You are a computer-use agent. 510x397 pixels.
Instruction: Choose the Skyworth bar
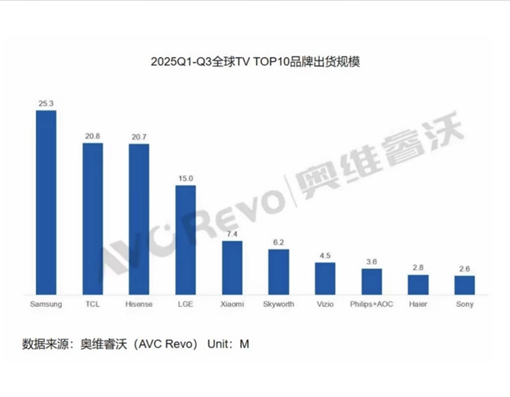coord(279,271)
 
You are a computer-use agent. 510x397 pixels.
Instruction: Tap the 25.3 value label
coord(46,103)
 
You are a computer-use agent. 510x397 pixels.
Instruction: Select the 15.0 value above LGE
coord(185,178)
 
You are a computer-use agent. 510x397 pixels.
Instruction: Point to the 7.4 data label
coord(231,234)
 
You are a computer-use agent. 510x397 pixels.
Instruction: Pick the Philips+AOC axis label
coord(371,303)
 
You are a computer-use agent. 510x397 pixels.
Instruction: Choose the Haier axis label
coord(418,303)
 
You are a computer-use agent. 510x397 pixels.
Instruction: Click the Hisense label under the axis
coord(139,303)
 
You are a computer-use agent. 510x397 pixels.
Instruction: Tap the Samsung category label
coord(46,303)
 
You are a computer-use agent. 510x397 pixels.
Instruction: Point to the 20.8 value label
coord(93,137)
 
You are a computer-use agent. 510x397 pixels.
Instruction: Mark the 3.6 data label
coord(371,261)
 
